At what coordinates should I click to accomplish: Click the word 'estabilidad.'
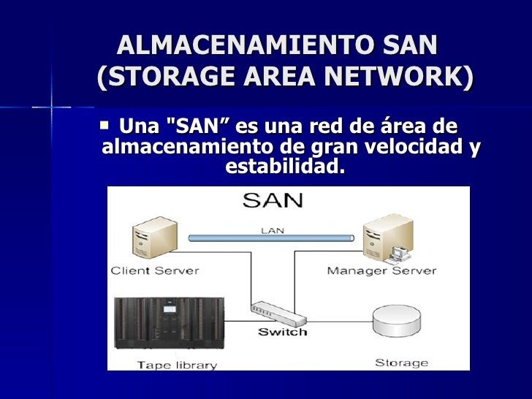point(284,167)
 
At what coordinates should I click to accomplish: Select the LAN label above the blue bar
point(271,229)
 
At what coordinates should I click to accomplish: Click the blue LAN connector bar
point(271,237)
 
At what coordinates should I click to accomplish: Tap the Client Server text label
point(154,270)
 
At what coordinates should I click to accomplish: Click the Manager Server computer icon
point(385,237)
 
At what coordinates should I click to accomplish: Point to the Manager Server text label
point(381,270)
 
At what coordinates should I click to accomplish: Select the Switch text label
point(282,331)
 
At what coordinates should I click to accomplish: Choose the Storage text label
point(401,362)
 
